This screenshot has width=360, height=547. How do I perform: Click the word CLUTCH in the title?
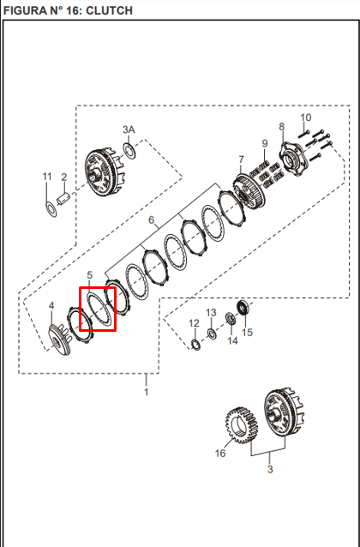tap(109, 10)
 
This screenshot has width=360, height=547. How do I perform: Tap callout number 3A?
tap(129, 129)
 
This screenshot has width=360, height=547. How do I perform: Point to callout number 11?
tap(47, 177)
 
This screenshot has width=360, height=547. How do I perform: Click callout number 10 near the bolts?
tap(306, 117)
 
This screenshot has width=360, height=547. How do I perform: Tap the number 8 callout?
tap(281, 127)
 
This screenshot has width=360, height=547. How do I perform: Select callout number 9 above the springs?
tap(265, 143)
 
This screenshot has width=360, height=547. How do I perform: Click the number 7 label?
tap(242, 159)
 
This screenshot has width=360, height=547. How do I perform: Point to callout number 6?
tap(151, 220)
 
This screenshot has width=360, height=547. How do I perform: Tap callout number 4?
tap(51, 306)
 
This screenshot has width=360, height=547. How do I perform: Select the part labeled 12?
tap(196, 345)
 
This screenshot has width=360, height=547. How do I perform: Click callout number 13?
tap(211, 313)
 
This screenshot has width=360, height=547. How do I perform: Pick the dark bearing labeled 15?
tap(243, 307)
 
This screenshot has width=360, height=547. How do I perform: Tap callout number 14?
tap(232, 340)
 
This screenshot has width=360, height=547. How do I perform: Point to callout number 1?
tap(147, 392)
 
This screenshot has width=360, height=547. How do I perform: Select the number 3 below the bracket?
tap(270, 469)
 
